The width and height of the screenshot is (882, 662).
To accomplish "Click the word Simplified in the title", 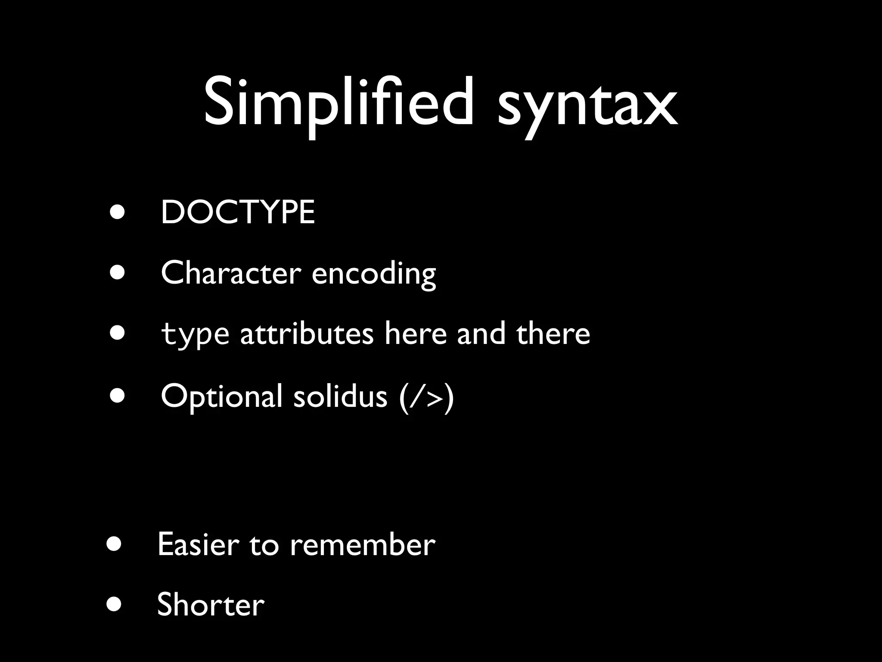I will click(x=339, y=103).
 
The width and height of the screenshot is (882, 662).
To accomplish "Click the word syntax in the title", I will click(x=587, y=106).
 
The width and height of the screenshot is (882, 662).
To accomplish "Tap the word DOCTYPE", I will click(x=238, y=212).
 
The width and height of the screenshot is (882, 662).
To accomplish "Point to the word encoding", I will click(x=373, y=275).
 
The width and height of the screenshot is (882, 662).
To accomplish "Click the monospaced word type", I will click(x=195, y=335).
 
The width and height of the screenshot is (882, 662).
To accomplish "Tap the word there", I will click(x=553, y=334).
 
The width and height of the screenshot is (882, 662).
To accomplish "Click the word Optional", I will click(x=221, y=397).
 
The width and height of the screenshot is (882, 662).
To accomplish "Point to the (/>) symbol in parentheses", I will click(x=426, y=397).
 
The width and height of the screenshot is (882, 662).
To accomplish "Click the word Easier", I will click(x=198, y=544).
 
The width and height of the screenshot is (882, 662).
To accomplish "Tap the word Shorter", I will click(x=211, y=604).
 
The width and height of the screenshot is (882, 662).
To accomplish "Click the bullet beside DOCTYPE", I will click(x=117, y=212).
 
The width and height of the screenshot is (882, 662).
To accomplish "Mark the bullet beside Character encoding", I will click(x=117, y=272).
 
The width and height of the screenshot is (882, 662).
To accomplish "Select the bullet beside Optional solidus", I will click(x=117, y=395).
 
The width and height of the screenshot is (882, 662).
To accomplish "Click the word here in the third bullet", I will click(x=416, y=334).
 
